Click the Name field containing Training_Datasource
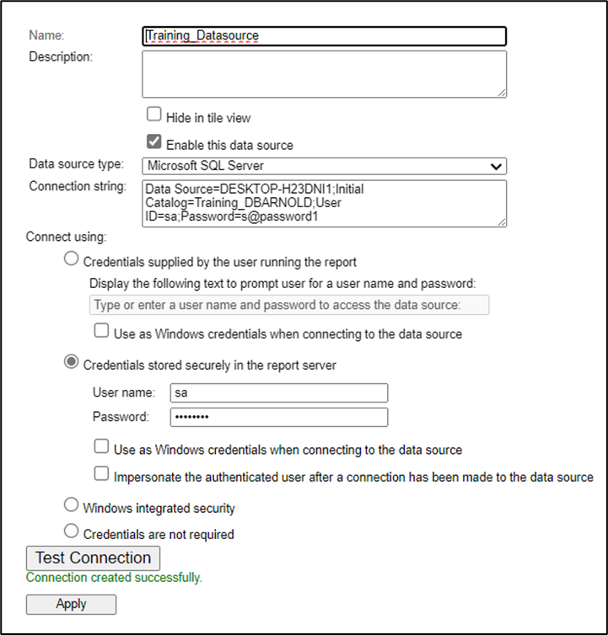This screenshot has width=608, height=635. pos(324,36)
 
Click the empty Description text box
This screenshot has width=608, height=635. pos(324,74)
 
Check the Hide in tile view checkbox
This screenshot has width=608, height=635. pos(154,115)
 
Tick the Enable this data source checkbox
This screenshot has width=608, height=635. pos(154,141)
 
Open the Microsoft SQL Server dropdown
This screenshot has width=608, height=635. pos(324,166)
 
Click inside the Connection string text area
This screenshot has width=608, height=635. pos(324,203)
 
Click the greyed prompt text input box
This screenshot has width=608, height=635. pos(288,305)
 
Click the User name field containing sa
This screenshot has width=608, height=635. pos(278,392)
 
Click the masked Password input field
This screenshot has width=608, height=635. pos(278,417)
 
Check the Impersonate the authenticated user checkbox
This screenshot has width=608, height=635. pos(101,474)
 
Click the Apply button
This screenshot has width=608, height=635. pos(71,604)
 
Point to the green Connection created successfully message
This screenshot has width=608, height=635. pos(114,578)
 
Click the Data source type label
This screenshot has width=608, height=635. pos(76,164)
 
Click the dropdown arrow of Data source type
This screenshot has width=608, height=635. pos(497,167)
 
